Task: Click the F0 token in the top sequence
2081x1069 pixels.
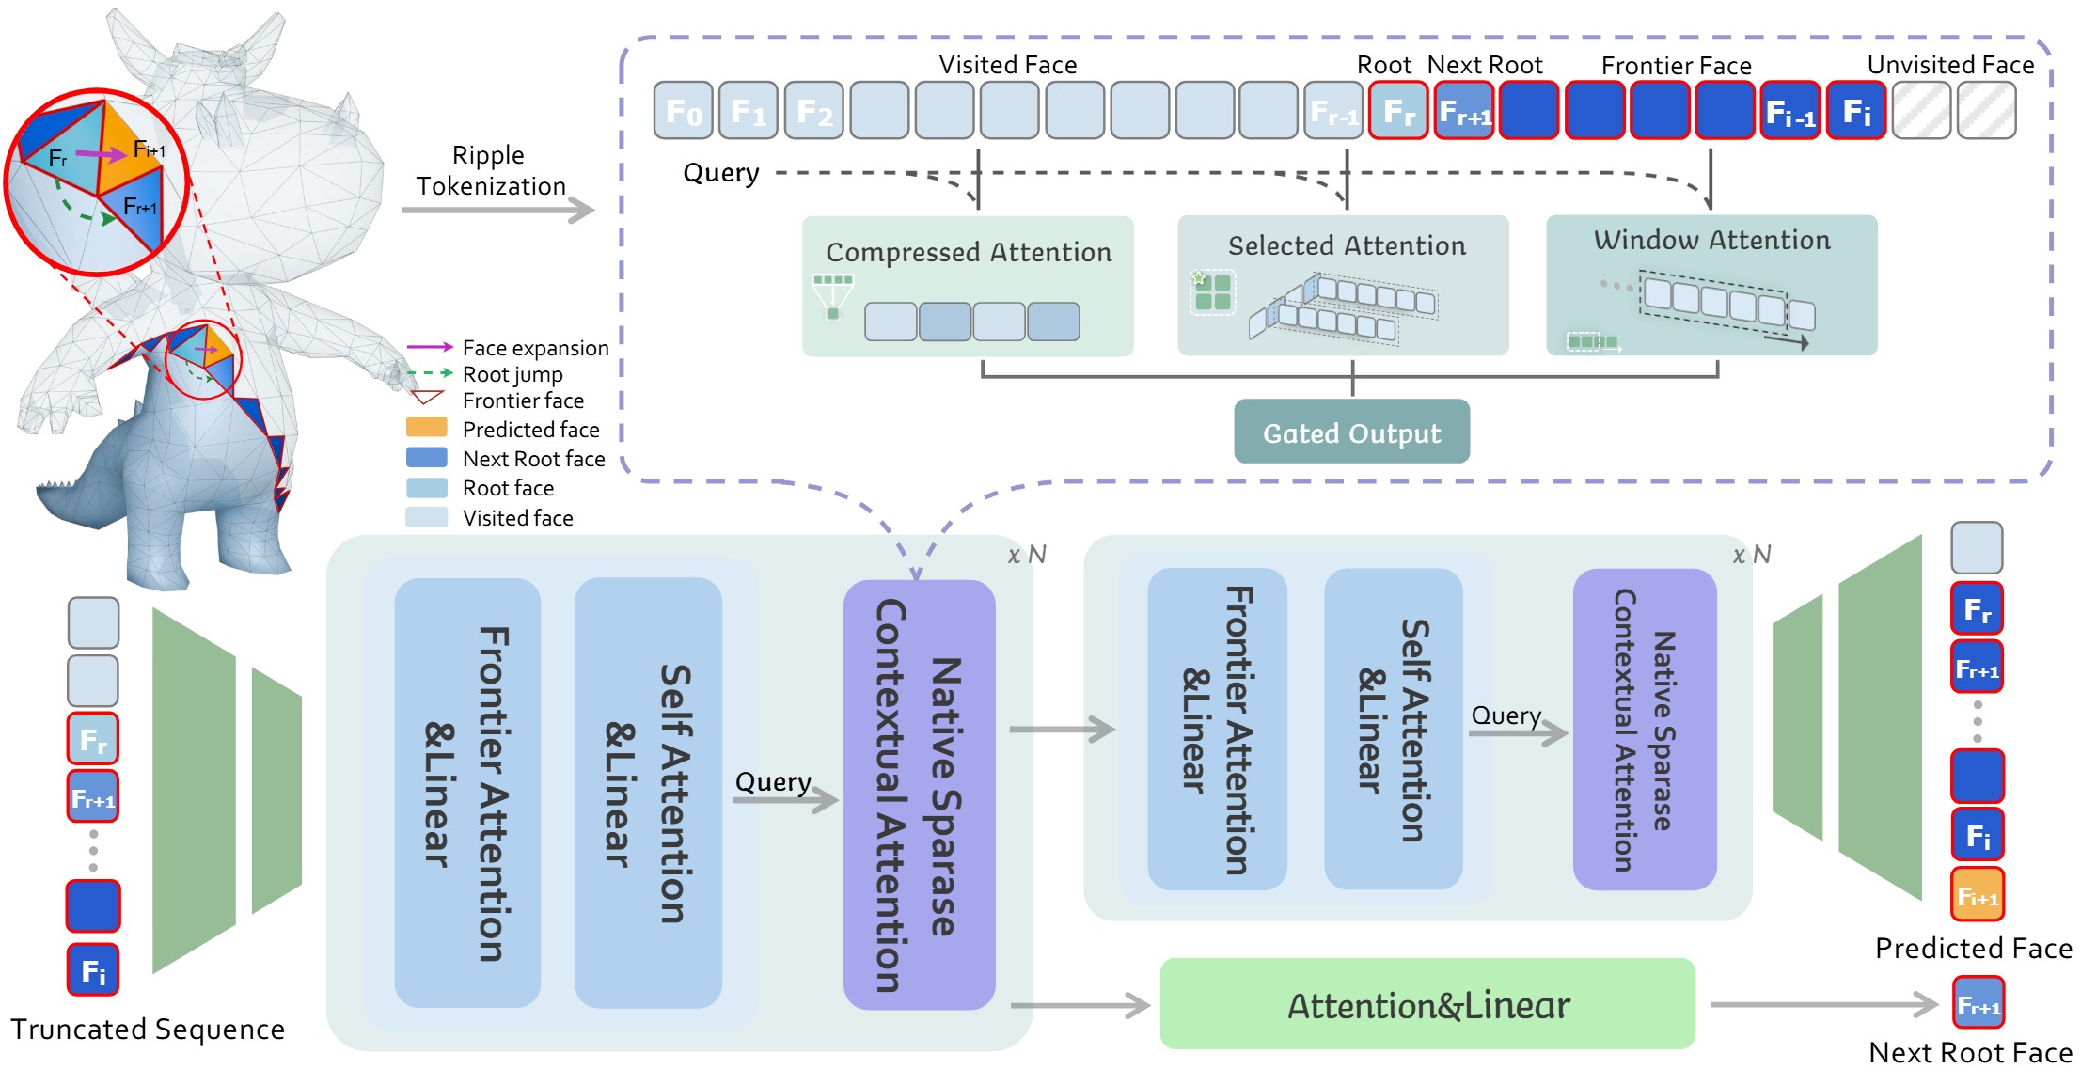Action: coord(684,111)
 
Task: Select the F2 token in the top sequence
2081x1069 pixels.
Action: coord(814,111)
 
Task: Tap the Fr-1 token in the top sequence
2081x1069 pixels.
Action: coord(1333,111)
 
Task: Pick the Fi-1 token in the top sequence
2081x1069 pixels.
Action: coord(1789,111)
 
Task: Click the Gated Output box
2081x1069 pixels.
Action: coord(1351,432)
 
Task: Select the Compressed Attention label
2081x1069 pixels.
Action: coord(969,252)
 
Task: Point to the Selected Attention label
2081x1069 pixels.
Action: coord(1347,245)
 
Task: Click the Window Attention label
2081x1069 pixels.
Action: coord(1711,240)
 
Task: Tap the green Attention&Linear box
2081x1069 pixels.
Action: coord(1427,1004)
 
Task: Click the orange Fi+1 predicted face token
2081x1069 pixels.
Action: coord(1977,895)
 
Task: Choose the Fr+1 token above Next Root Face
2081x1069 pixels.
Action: coord(1978,1004)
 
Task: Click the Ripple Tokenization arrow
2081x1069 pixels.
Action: coord(498,210)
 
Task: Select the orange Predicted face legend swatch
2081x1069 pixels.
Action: coord(426,428)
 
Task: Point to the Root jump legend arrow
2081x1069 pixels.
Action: coord(430,373)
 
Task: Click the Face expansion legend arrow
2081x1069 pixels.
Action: coord(430,347)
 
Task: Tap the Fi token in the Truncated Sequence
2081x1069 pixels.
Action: coord(93,969)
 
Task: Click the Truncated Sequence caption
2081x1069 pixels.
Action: coord(148,1030)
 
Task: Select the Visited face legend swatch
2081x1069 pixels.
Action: coord(426,517)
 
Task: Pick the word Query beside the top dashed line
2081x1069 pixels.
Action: coord(721,173)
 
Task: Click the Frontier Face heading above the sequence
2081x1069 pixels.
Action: coord(1676,66)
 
